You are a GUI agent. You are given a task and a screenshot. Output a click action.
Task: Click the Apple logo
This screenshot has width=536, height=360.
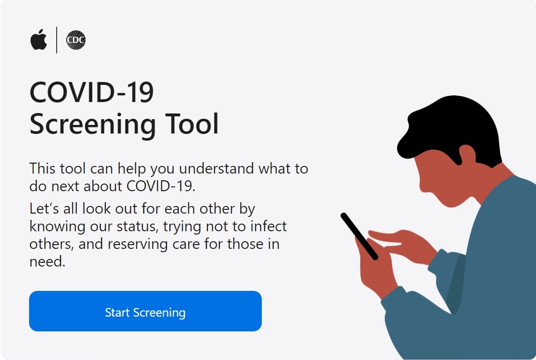point(39,40)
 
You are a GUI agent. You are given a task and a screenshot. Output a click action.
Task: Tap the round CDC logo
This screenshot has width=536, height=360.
point(75,40)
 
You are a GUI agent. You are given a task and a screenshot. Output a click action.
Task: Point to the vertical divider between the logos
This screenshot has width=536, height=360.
point(56,40)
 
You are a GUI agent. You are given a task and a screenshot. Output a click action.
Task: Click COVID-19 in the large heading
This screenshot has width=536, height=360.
point(92,93)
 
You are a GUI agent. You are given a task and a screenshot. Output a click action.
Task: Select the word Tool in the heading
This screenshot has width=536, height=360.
point(192,124)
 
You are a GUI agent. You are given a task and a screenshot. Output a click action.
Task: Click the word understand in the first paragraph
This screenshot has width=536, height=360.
point(216,168)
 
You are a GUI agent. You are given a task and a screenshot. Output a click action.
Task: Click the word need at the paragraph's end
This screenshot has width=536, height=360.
point(47,262)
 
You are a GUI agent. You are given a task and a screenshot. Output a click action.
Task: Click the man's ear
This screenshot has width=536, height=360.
point(466,154)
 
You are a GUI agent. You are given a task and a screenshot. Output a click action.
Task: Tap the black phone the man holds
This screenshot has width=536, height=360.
point(359,236)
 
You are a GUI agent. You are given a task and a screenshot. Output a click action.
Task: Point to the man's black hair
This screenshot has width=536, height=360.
point(451,129)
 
